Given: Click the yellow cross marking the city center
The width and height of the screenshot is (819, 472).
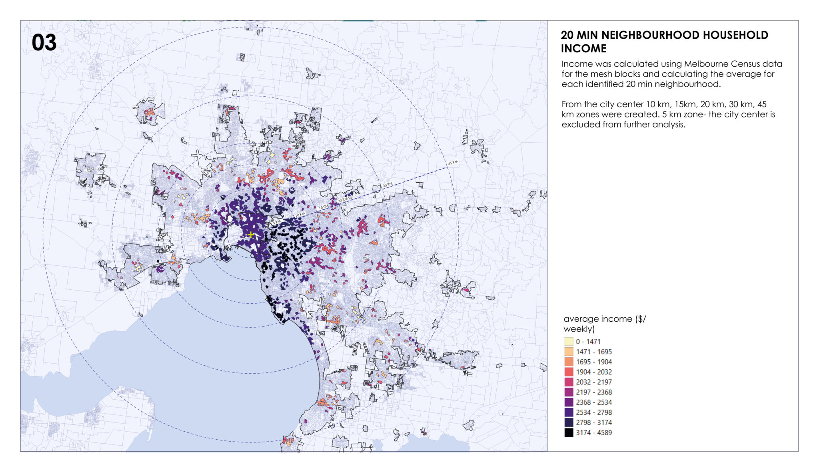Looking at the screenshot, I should pos(250,235).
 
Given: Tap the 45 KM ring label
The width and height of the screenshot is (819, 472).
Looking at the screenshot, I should pos(453,163).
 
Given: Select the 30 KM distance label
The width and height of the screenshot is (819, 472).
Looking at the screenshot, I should pos(388,185).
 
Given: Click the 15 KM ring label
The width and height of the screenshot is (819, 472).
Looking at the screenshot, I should pos(323,207).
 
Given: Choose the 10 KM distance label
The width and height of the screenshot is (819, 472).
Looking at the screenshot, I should pos(300,215).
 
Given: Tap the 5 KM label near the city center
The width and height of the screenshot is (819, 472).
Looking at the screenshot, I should pos(277,222).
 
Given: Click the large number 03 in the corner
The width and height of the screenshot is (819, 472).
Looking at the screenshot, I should pos(44,43).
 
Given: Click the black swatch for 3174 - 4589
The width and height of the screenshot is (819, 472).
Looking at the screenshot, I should pos(569,432).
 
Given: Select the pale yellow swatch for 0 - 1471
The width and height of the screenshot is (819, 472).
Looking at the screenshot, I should pos(569,341).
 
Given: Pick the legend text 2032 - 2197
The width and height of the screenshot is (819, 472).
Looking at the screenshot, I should pos(594,382).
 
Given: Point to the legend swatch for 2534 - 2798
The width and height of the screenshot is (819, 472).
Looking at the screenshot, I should pos(569,412).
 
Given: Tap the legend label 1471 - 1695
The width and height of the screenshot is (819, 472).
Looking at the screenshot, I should pos(594,352).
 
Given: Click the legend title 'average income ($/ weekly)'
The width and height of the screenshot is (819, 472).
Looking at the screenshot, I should pos(604,324).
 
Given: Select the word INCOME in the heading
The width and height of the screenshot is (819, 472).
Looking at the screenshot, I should pos(583,49).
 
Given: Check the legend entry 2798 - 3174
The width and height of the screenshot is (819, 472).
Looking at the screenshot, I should pos(594,422).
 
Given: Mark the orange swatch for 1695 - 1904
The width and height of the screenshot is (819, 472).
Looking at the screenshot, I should pos(569,362).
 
